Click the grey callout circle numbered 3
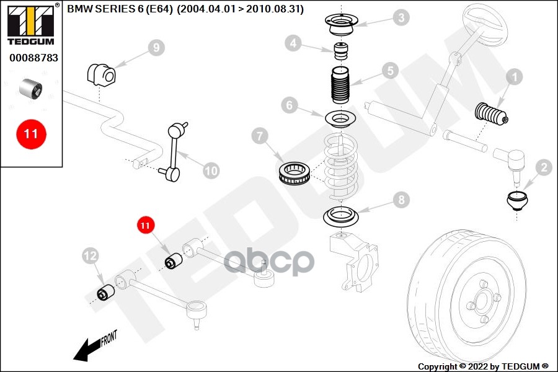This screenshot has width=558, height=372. click(x=402, y=17)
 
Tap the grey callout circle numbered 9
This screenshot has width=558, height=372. click(x=156, y=47)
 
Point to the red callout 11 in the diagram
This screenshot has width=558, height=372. click(x=145, y=225)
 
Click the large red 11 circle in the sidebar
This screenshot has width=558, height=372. click(x=31, y=134)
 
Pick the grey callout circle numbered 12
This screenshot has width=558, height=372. click(x=91, y=254)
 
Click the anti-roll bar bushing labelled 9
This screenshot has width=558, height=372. click(x=100, y=75)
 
